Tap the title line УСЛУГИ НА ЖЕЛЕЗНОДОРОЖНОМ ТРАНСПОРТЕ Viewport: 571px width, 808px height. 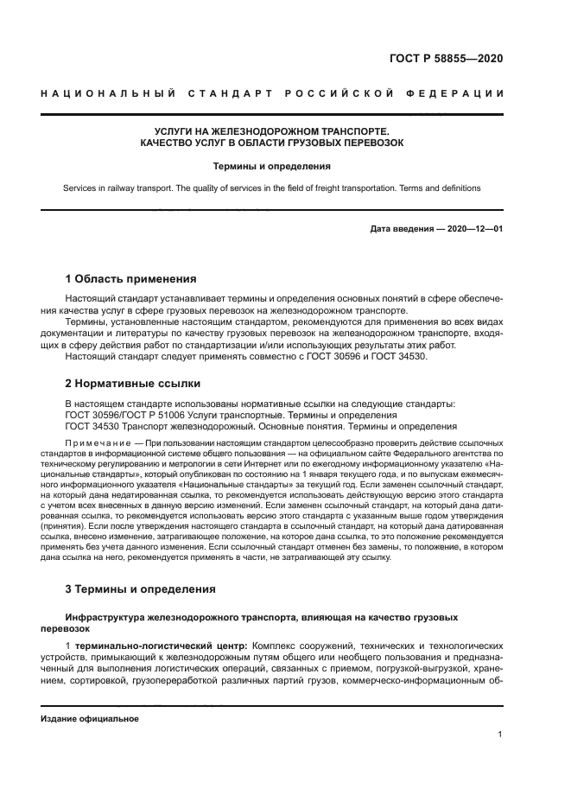click(272, 130)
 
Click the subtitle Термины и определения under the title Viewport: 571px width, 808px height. click(272, 165)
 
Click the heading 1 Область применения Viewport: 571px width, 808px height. click(130, 279)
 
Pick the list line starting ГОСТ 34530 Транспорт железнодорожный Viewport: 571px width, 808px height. click(260, 426)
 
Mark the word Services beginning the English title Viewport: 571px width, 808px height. click(80, 188)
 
